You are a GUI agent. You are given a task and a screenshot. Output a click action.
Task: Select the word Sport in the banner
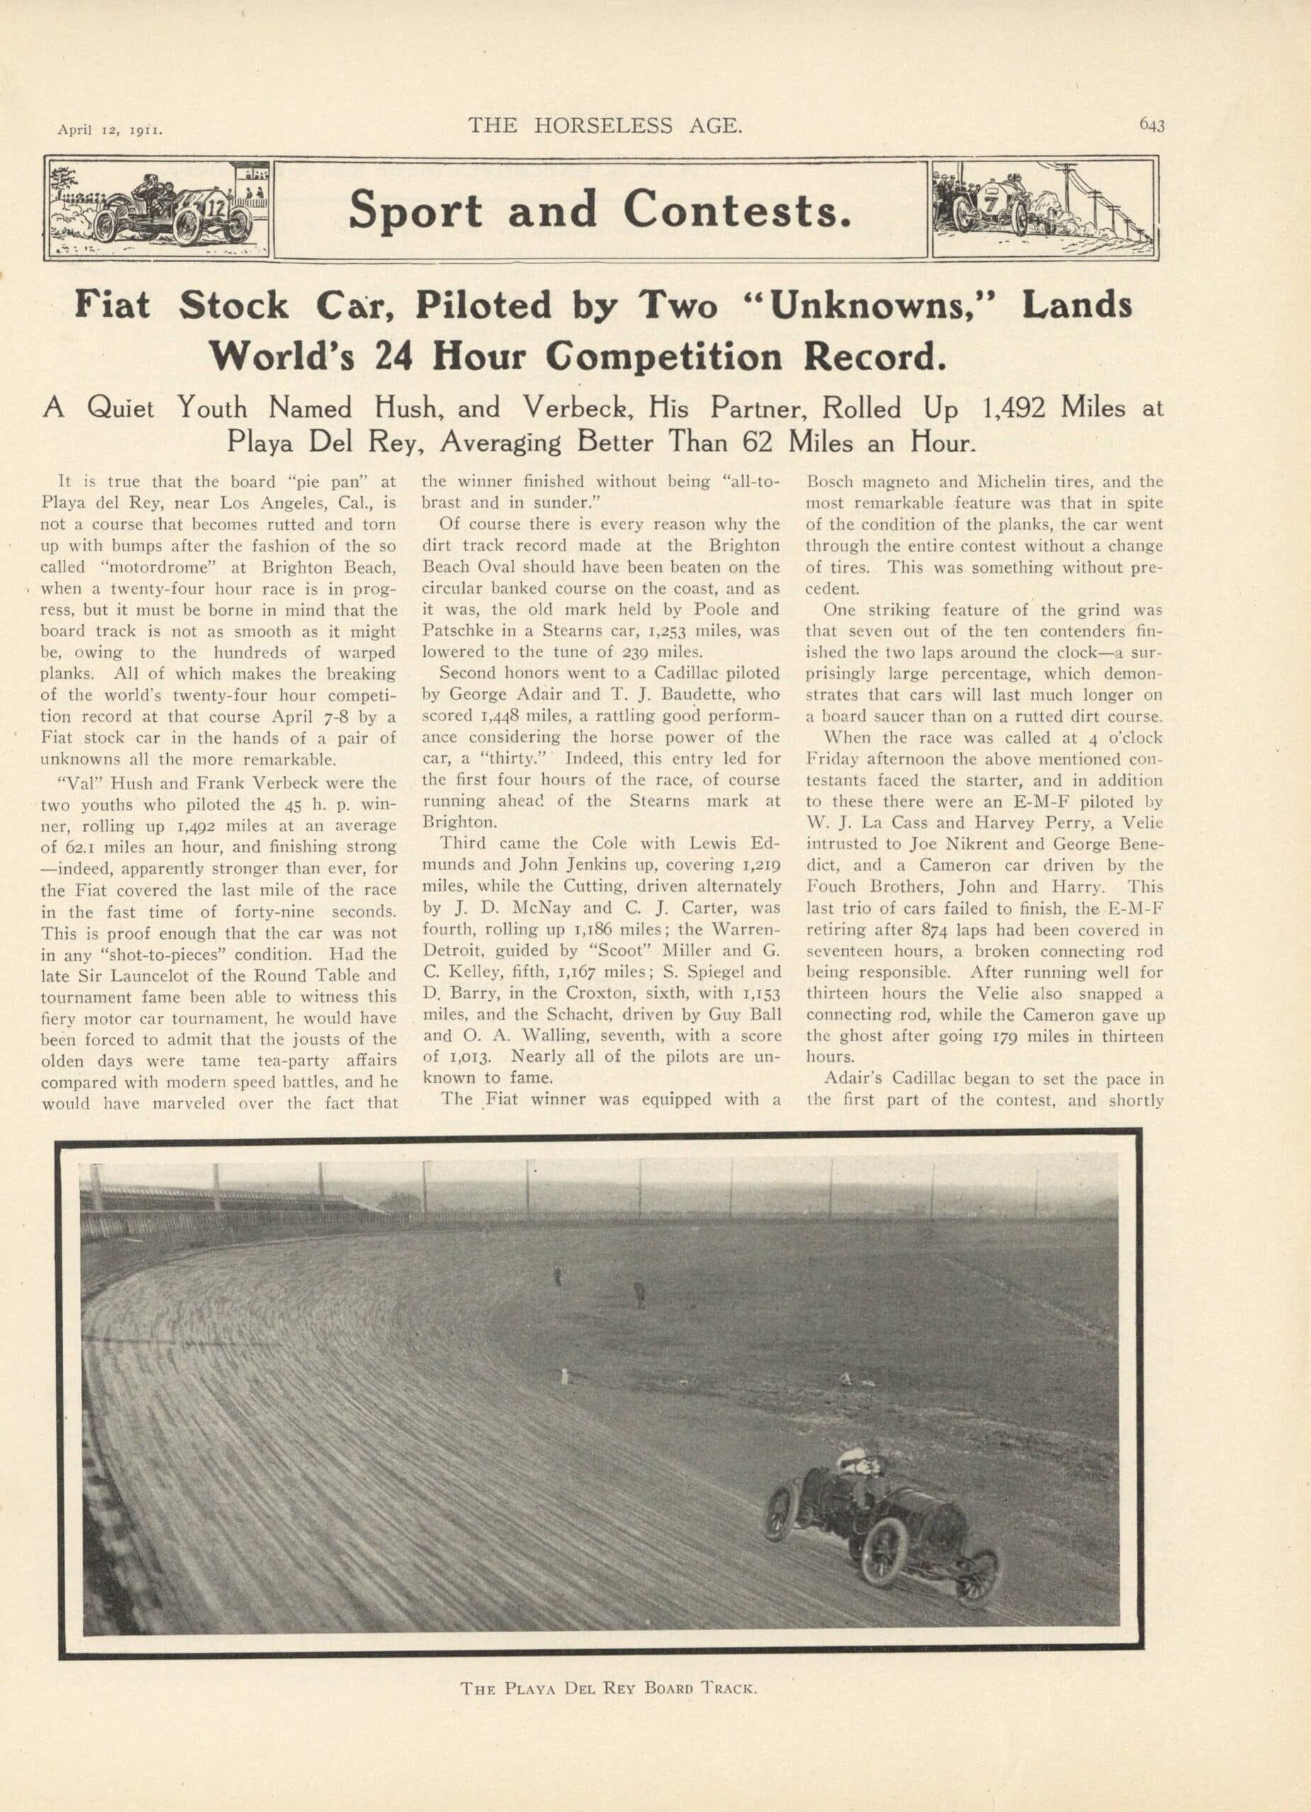point(416,210)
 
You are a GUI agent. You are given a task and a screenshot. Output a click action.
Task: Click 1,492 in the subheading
point(1014,408)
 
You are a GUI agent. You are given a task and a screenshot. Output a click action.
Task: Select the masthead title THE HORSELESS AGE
point(605,125)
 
